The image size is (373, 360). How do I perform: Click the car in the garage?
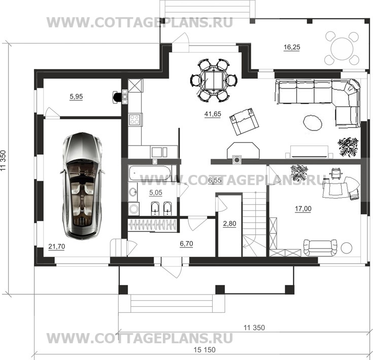pyautogui.click(x=82, y=186)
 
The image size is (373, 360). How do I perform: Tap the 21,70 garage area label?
pyautogui.click(x=57, y=246)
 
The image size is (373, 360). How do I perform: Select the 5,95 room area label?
pyautogui.click(x=76, y=96)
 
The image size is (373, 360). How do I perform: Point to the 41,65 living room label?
pyautogui.click(x=213, y=114)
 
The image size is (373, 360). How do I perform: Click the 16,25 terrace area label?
pyautogui.click(x=292, y=47)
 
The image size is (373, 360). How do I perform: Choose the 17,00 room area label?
pyautogui.click(x=303, y=209)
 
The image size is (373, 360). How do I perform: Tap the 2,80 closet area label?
pyautogui.click(x=229, y=224)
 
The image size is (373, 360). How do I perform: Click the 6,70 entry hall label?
pyautogui.click(x=186, y=243)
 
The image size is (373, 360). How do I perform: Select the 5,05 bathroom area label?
pyautogui.click(x=156, y=193)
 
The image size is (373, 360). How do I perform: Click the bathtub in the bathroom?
pyautogui.click(x=150, y=173)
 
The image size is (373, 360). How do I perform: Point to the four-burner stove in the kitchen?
pyautogui.click(x=135, y=119)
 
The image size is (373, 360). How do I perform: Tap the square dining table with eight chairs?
pyautogui.click(x=214, y=80)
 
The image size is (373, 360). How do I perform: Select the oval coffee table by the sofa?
pyautogui.click(x=313, y=122)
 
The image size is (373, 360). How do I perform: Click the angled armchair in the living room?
pyautogui.click(x=244, y=121)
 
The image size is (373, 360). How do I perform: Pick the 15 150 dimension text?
pyautogui.click(x=205, y=350)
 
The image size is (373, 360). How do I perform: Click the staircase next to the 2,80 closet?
pyautogui.click(x=254, y=224)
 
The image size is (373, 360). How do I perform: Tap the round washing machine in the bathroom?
pyautogui.click(x=133, y=209)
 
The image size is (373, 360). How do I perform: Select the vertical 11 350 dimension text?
pyautogui.click(x=3, y=160)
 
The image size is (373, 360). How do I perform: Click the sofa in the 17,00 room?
pyautogui.click(x=320, y=247)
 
